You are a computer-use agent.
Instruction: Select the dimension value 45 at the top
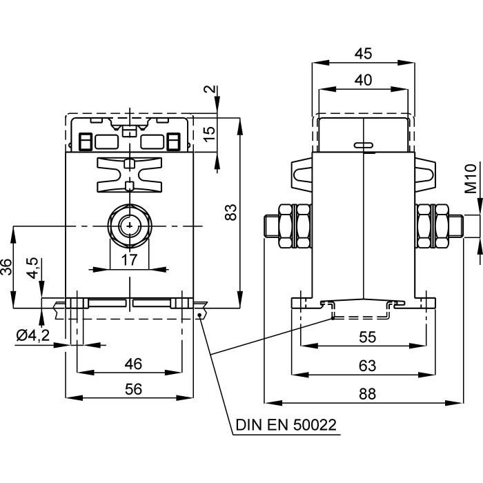[363, 53]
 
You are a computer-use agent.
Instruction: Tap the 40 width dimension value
[363, 79]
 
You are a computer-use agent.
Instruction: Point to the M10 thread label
[470, 179]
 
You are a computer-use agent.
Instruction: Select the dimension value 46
[129, 363]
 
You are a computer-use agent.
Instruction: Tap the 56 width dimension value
[129, 389]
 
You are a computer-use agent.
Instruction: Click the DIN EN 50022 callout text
[286, 424]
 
